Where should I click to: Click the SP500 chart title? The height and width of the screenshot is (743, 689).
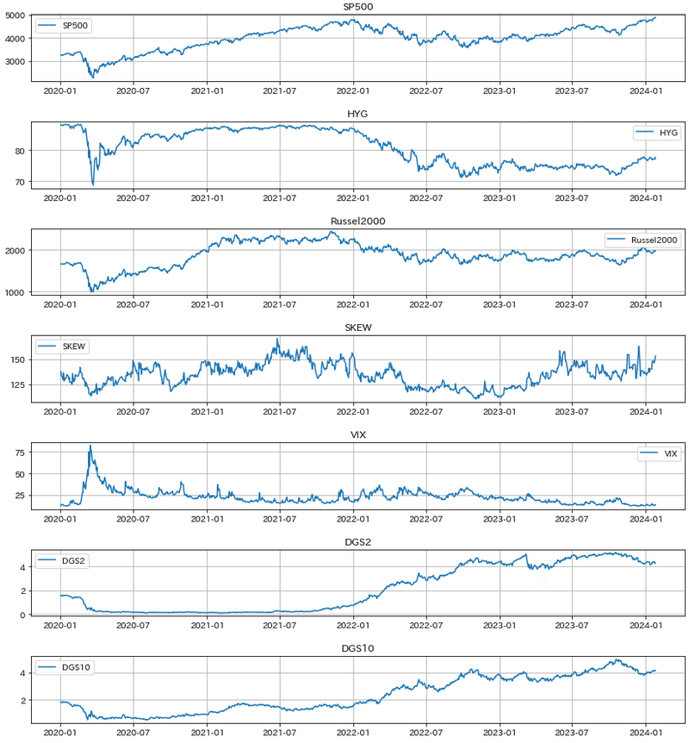(357, 7)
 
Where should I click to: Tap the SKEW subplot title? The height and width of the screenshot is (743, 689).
(357, 328)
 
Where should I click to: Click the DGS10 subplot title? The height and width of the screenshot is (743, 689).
(357, 648)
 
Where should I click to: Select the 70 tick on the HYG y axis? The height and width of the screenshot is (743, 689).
(23, 182)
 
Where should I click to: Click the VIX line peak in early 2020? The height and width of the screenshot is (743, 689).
(90, 446)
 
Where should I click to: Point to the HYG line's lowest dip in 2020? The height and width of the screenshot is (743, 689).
(93, 184)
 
